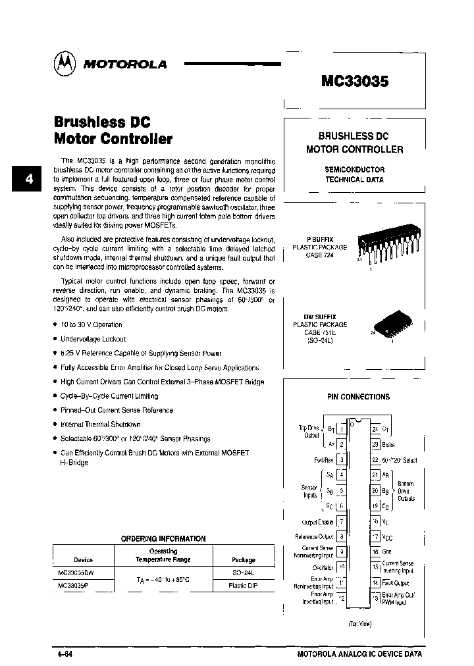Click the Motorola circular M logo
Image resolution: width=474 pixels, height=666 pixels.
click(63, 63)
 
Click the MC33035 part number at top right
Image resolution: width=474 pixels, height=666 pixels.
click(355, 81)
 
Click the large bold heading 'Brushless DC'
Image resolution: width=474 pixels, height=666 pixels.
click(102, 122)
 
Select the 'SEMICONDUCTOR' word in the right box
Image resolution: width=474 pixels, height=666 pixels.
click(354, 169)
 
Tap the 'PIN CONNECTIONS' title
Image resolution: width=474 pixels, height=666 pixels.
click(358, 397)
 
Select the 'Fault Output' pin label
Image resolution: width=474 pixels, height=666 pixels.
click(395, 583)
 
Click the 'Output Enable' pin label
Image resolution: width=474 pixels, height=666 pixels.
click(317, 522)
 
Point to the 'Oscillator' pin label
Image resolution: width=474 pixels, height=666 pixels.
click(323, 568)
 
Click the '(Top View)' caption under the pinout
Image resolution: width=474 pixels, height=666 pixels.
click(359, 624)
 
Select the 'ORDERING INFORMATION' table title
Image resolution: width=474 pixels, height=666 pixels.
click(163, 538)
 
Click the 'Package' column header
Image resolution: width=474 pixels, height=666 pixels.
click(243, 560)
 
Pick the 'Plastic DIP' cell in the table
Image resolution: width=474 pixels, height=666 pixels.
click(243, 585)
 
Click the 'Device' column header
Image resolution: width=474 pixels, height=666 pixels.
click(84, 560)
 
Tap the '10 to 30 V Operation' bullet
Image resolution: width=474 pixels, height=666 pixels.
click(92, 324)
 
